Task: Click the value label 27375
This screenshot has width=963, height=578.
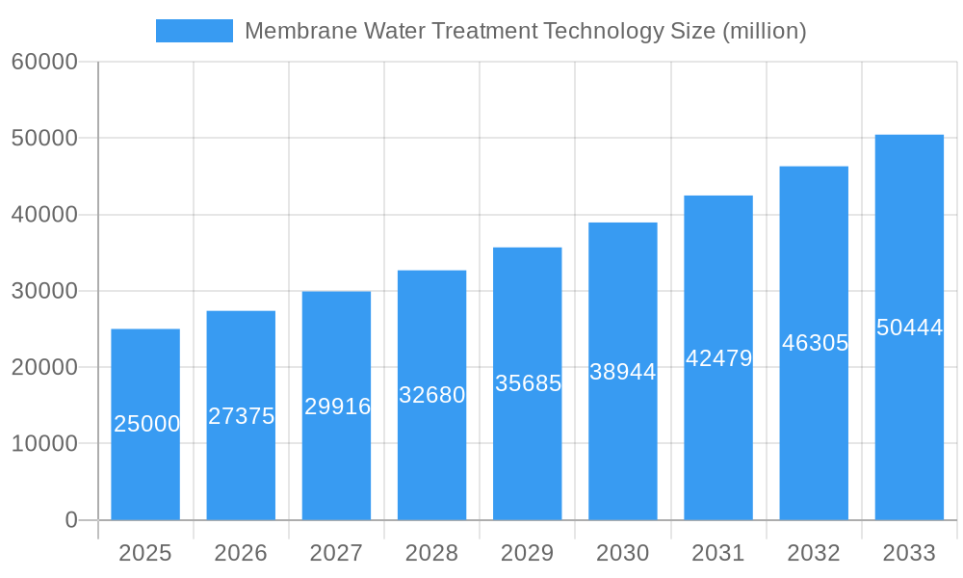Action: [241, 416]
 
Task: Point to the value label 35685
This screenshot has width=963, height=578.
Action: [528, 382]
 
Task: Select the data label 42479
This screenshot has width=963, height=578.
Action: [718, 358]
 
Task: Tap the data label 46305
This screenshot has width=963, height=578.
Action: [815, 343]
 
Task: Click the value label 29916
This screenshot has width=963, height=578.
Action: [337, 407]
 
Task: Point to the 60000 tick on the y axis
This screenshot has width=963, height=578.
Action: [43, 63]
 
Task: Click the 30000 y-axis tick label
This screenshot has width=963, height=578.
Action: [43, 291]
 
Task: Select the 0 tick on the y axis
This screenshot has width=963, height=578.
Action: [71, 520]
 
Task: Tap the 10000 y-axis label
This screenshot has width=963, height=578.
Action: [43, 444]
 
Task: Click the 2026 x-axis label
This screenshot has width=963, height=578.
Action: [241, 553]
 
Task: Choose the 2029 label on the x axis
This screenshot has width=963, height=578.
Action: [528, 553]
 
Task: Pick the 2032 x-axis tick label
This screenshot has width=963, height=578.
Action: [814, 553]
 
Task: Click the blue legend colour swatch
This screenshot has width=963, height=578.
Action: [195, 31]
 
